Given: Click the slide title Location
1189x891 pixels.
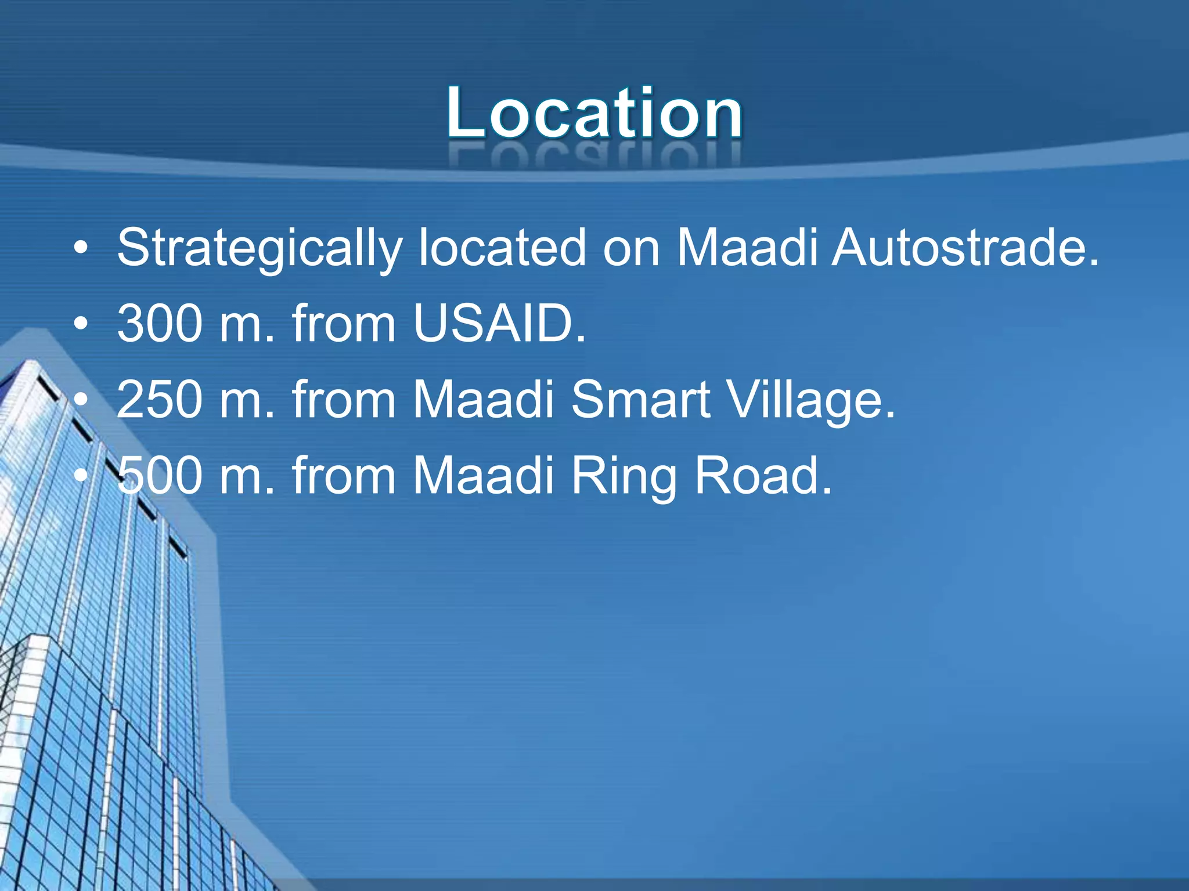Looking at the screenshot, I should (594, 113).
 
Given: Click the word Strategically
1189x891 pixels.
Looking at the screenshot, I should (260, 248).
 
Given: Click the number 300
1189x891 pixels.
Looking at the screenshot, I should (160, 323).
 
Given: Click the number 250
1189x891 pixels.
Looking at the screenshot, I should (160, 399).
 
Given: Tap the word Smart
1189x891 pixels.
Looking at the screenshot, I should (640, 399).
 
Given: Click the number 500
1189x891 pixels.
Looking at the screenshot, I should (160, 475).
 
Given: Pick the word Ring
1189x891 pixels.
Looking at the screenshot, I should (624, 476).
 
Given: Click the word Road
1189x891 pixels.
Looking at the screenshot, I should (763, 475).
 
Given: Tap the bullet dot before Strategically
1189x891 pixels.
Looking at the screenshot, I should (81, 249).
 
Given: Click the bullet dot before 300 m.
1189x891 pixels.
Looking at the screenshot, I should (81, 324).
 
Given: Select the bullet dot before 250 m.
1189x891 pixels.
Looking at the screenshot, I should (81, 400).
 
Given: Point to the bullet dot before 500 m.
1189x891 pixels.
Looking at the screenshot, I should (81, 476).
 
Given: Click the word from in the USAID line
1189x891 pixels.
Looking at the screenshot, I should (344, 323).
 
